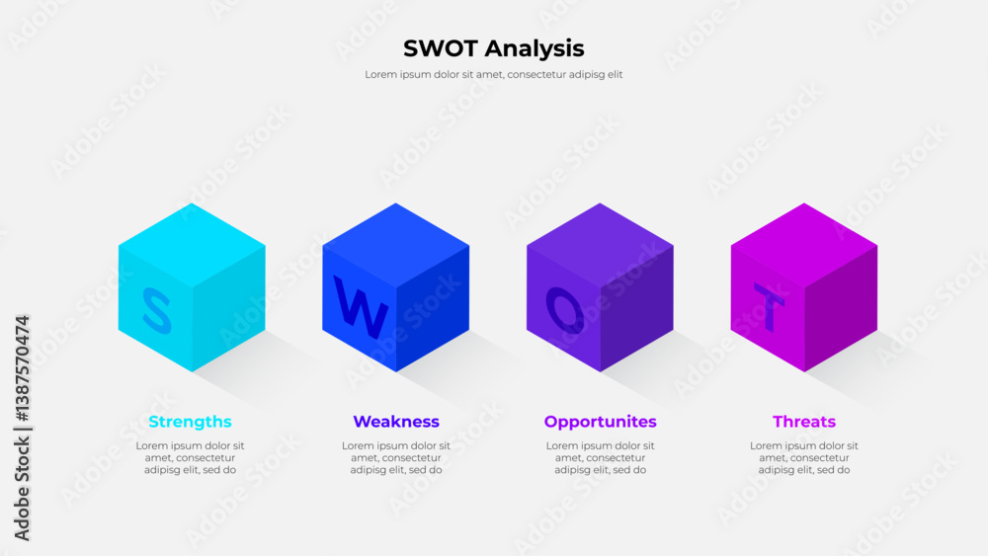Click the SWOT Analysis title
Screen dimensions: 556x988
pyautogui.click(x=493, y=48)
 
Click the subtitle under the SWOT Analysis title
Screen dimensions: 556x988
pyautogui.click(x=493, y=74)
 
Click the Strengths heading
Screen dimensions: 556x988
pyautogui.click(x=190, y=422)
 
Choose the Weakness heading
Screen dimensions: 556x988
pyautogui.click(x=395, y=422)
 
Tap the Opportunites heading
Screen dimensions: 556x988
pyautogui.click(x=600, y=422)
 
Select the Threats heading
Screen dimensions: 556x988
pyautogui.click(x=804, y=422)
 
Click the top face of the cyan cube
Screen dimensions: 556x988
pyautogui.click(x=192, y=244)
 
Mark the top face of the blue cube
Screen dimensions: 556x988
pyautogui.click(x=395, y=244)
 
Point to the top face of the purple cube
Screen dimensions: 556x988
pyautogui.click(x=600, y=244)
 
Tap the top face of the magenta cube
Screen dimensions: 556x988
pyautogui.click(x=804, y=244)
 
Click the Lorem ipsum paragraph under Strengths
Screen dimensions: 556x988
pyautogui.click(x=190, y=457)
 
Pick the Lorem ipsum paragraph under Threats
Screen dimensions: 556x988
pyautogui.click(x=804, y=457)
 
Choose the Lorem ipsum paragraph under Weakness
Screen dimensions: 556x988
pyautogui.click(x=395, y=457)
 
